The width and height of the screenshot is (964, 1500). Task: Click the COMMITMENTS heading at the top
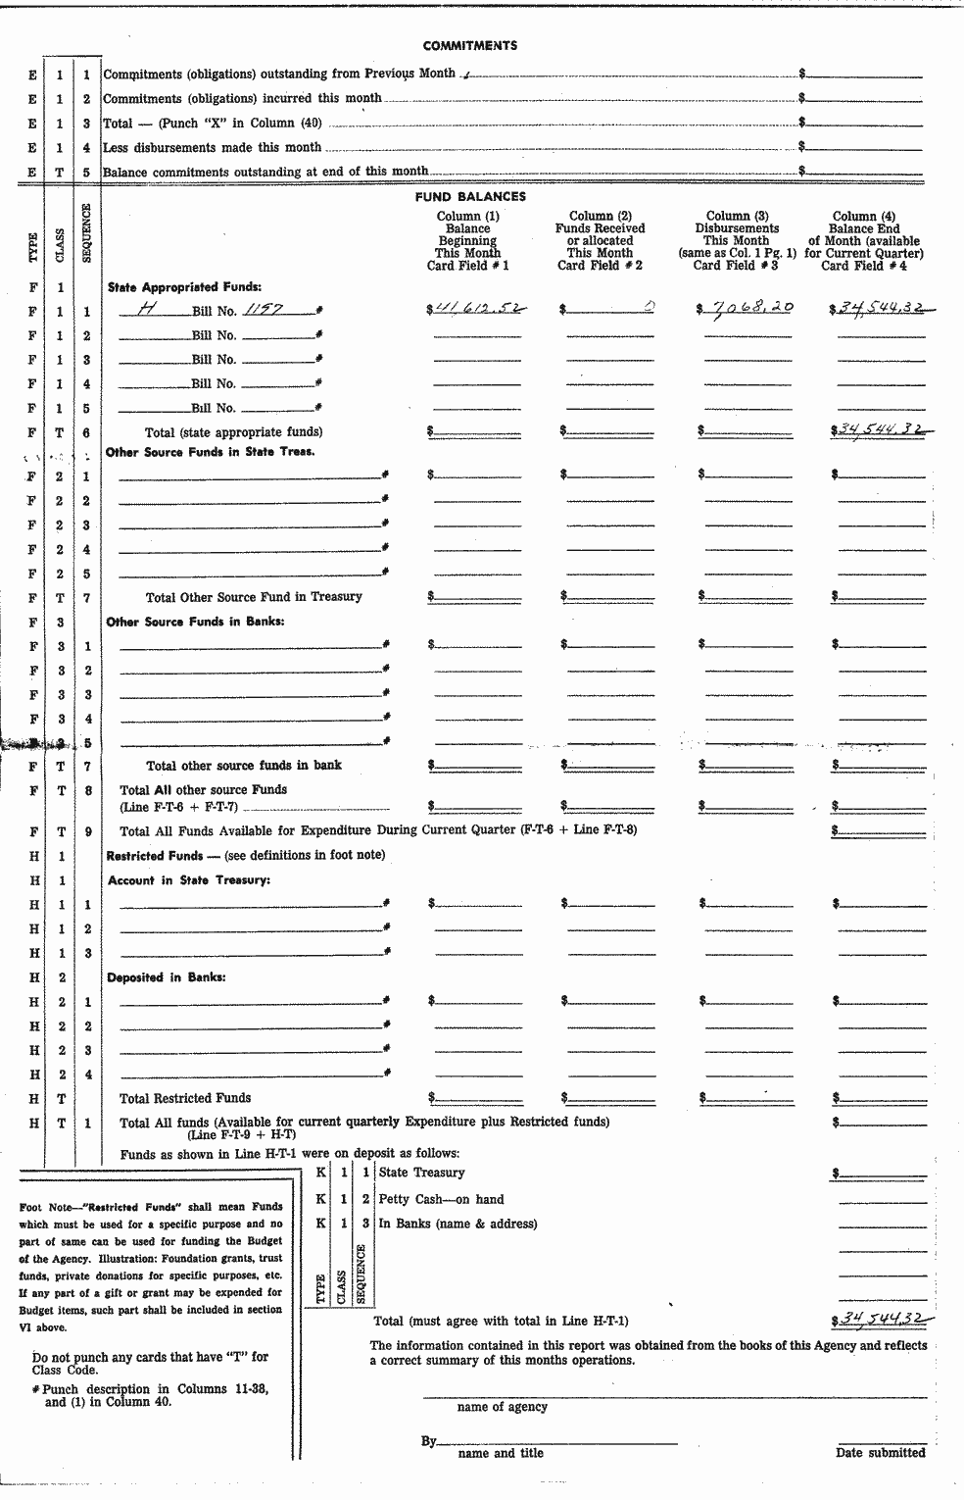470,45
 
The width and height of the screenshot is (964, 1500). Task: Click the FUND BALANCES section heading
470,197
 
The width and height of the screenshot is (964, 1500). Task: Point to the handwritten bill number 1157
264,309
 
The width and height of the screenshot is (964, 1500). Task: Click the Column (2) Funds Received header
600,240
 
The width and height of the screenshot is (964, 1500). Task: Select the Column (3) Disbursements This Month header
736,240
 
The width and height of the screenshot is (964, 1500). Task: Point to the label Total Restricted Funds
185,1098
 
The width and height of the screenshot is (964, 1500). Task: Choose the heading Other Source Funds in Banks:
195,622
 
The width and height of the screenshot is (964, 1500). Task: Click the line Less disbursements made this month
213,147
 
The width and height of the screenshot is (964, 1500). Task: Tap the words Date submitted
880,1453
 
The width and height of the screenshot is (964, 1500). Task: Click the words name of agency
502,1407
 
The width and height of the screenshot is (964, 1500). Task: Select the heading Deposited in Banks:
167,977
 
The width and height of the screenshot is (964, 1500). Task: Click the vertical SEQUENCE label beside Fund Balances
86,233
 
